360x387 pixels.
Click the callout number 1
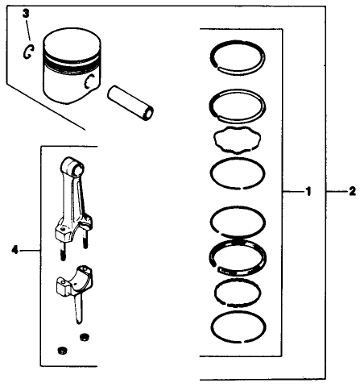[x=307, y=192]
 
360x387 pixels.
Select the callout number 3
[x=26, y=14]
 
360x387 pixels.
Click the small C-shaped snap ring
[x=28, y=52]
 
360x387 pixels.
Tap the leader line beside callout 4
[x=29, y=251]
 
